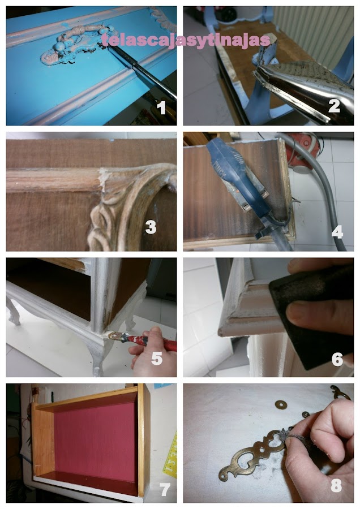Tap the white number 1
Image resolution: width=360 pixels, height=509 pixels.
[x=161, y=107]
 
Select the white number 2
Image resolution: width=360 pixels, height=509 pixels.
[x=334, y=106]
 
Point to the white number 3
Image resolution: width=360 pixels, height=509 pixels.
[x=151, y=227]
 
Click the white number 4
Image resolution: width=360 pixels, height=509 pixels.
[x=337, y=232]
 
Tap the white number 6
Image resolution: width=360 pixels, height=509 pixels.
[x=337, y=359]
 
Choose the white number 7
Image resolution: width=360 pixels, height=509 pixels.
[x=165, y=489]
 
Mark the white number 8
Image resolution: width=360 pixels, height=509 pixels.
[x=336, y=485]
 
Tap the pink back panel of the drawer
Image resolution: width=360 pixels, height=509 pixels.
[x=95, y=441]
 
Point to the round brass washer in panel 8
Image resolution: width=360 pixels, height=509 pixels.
[x=280, y=404]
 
